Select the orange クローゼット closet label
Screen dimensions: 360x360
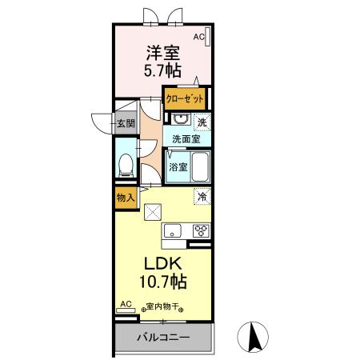(x=185, y=99)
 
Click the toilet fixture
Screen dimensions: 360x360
(x=126, y=164)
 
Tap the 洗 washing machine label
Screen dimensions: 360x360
(x=202, y=122)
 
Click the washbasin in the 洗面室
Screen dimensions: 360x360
(x=179, y=121)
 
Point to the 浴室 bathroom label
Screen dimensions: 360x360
(x=178, y=167)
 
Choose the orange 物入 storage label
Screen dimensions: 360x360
(x=125, y=198)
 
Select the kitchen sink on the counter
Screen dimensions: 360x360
(x=174, y=231)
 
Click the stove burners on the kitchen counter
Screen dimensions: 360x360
(x=200, y=231)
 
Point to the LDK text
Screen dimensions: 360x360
(x=165, y=265)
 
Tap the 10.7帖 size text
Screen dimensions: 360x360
(x=165, y=282)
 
